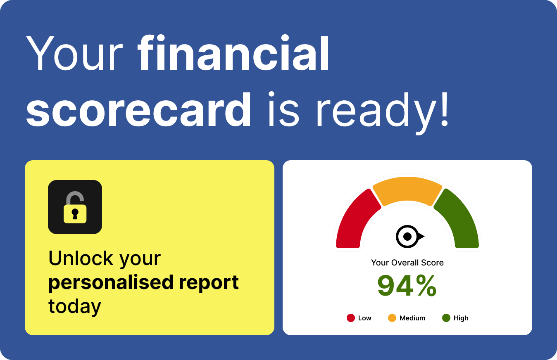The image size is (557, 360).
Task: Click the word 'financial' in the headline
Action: click(233, 53)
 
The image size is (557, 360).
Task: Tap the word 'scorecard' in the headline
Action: click(138, 109)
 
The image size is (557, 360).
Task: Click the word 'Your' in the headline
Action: click(74, 53)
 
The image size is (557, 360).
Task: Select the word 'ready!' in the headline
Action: click(383, 113)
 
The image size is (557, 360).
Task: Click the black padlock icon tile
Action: click(75, 207)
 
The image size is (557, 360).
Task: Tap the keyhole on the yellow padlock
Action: click(75, 214)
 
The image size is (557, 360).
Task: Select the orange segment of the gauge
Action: click(407, 190)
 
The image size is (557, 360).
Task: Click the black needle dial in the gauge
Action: click(409, 237)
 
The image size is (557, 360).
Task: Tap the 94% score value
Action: click(407, 285)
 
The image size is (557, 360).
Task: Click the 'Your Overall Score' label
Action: click(407, 263)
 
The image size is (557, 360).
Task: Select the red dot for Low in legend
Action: click(351, 318)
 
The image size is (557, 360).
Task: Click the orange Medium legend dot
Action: click(392, 318)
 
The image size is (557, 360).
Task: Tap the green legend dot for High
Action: click(446, 318)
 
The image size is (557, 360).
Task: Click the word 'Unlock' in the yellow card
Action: click(81, 258)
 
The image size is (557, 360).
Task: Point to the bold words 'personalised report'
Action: click(143, 283)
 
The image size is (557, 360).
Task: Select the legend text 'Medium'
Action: click(412, 318)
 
